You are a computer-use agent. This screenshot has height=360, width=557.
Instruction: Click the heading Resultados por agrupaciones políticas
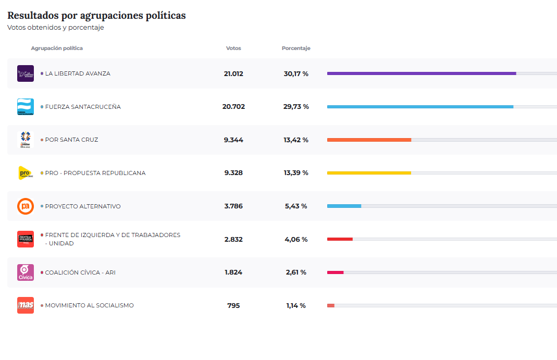[96, 16]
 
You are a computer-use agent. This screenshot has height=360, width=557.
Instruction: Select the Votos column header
[233, 48]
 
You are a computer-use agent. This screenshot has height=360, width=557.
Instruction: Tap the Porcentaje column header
[296, 48]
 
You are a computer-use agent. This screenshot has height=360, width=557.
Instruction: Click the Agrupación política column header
[57, 48]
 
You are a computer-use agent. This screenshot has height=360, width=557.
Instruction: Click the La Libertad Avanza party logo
[26, 73]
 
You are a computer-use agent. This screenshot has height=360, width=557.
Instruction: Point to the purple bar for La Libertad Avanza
[421, 73]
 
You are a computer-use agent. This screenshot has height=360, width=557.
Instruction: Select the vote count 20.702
[233, 107]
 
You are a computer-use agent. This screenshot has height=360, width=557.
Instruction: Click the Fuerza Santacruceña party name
[83, 107]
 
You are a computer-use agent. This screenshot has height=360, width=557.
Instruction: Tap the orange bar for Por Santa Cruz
[369, 140]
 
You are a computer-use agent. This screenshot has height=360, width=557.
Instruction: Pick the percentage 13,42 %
[296, 140]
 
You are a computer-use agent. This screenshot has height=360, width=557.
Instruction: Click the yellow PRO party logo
[26, 173]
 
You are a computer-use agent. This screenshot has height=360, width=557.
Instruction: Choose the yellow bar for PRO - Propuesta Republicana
[369, 173]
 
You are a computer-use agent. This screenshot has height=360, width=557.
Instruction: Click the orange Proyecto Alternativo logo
[26, 206]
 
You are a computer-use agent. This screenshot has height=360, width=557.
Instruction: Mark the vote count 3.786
[233, 206]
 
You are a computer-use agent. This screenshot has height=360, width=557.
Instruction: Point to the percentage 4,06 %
[296, 239]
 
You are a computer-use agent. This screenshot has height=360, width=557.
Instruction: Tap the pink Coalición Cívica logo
[26, 272]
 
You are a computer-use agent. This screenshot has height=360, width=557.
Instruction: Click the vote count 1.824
[233, 272]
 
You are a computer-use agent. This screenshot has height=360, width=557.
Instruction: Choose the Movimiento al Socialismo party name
[89, 305]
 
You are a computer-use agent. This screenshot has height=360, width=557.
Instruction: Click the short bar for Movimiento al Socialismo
[331, 305]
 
